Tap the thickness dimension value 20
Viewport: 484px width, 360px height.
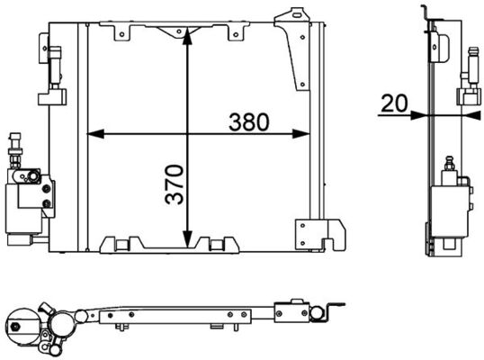(x=392, y=103)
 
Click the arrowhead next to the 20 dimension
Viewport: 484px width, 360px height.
(x=421, y=114)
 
